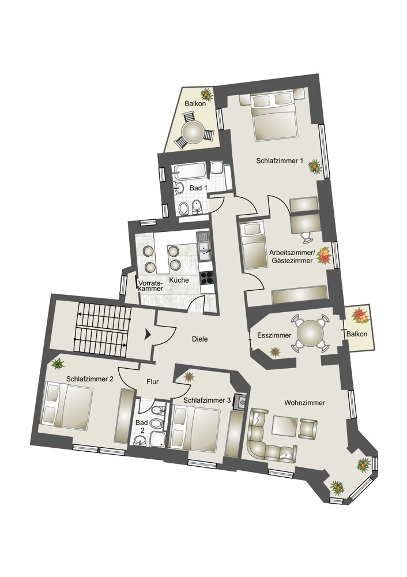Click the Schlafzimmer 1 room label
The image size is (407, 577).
(280, 161)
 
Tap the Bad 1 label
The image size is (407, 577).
(198, 188)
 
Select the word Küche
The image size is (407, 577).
(179, 280)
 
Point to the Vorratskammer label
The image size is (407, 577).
(151, 286)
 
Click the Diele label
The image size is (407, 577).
(199, 339)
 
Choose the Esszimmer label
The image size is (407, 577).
(274, 335)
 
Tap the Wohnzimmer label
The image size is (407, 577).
(305, 403)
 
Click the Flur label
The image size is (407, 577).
(153, 381)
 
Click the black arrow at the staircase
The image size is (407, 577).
(148, 334)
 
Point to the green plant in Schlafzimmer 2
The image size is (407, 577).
(58, 364)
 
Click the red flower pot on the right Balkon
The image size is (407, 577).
(360, 316)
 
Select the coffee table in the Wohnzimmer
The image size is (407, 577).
(285, 426)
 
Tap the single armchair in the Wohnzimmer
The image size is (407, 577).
(308, 428)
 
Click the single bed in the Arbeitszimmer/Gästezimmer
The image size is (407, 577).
(253, 245)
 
